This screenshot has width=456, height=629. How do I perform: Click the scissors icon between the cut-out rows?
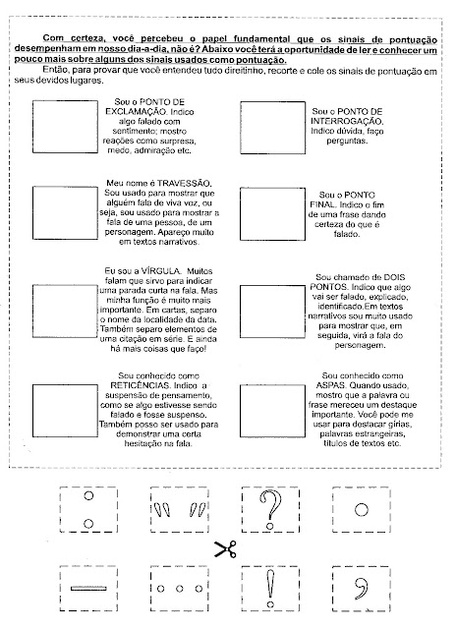pyautogui.click(x=225, y=549)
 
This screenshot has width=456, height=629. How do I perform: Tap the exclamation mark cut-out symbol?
pyautogui.click(x=270, y=589)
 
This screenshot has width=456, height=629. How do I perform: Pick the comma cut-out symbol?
pyautogui.click(x=362, y=589)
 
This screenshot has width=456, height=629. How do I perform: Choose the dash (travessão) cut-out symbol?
pyautogui.click(x=88, y=589)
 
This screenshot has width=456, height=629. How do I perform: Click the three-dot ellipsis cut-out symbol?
pyautogui.click(x=179, y=589)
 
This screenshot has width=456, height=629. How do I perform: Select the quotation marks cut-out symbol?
pyautogui.click(x=179, y=509)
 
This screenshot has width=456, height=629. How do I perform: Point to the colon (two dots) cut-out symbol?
pyautogui.click(x=88, y=509)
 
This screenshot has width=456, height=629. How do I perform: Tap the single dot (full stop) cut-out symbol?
pyautogui.click(x=362, y=510)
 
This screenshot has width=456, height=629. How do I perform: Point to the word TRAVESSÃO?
pyautogui.click(x=184, y=184)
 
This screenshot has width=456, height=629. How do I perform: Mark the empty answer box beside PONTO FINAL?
pyautogui.click(x=273, y=214)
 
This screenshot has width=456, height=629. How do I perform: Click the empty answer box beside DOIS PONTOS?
pyautogui.click(x=273, y=312)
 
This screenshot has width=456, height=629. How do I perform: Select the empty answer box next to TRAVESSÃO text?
pyautogui.click(x=65, y=213)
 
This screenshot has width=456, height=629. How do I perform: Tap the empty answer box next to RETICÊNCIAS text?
pyautogui.click(x=65, y=411)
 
